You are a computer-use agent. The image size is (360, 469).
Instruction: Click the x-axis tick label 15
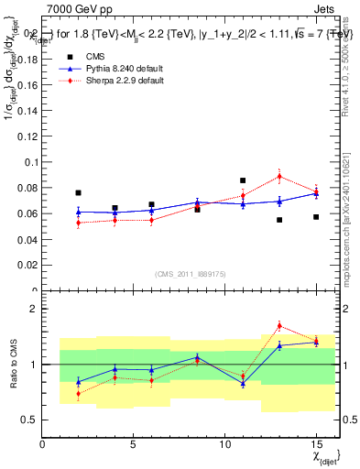(x=316, y=444)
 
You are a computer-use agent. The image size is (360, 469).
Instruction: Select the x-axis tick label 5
(x=134, y=444)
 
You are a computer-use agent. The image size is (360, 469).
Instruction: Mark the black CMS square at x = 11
(x=243, y=180)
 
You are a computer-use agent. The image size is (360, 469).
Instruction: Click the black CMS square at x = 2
(x=79, y=193)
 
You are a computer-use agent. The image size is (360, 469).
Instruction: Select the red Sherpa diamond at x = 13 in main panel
(x=279, y=177)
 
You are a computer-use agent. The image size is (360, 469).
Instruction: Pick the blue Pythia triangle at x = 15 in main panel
(x=316, y=193)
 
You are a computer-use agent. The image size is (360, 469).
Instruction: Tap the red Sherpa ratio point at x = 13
(x=279, y=326)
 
